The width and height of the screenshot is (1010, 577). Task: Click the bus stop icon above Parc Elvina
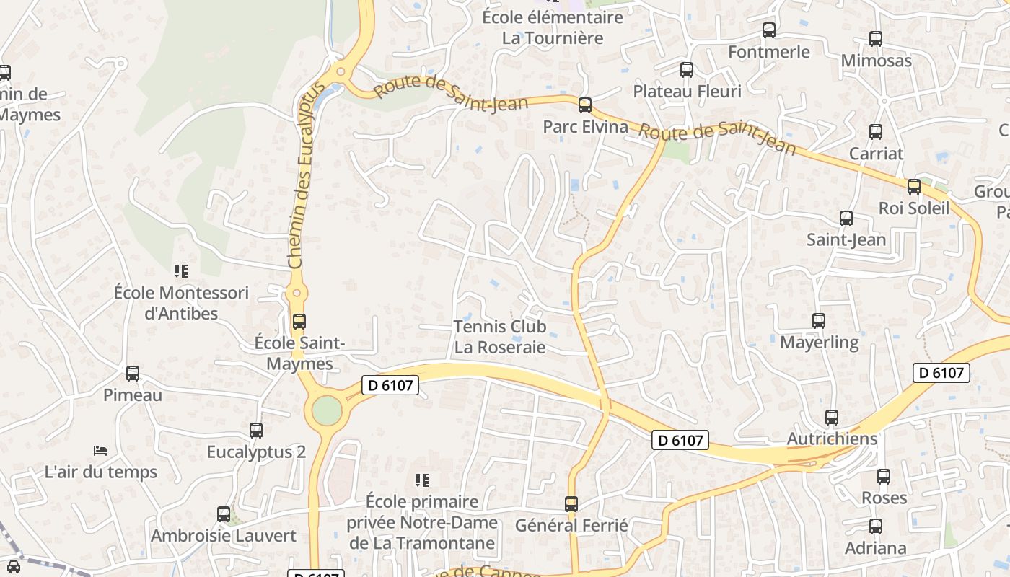(x=585, y=105)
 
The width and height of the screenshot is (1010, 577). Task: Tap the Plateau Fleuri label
(x=687, y=91)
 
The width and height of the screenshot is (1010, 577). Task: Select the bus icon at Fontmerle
(x=769, y=30)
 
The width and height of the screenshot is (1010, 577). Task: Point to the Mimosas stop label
(x=876, y=61)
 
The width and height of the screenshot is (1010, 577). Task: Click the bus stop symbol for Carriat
(x=876, y=132)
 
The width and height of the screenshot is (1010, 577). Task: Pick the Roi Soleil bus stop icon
(x=914, y=187)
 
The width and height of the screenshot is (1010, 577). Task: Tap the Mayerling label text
(x=819, y=342)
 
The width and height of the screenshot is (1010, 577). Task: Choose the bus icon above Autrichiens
(x=832, y=418)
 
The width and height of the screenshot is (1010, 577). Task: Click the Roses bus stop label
(x=884, y=498)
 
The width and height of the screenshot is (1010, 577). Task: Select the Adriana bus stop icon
(x=876, y=527)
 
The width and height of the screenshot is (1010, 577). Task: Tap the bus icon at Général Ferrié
(x=571, y=504)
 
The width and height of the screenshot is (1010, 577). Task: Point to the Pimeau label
(x=133, y=395)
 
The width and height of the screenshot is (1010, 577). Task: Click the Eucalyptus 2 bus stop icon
(x=256, y=431)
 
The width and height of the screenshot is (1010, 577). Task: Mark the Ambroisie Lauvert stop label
(x=224, y=536)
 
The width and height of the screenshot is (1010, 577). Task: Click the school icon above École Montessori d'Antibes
(x=180, y=271)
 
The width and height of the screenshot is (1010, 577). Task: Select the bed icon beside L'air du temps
(x=100, y=451)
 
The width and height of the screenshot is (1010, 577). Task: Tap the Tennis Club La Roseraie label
(x=499, y=337)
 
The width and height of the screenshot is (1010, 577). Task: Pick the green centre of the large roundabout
(x=327, y=411)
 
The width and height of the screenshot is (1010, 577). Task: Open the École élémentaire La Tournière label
(x=553, y=27)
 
